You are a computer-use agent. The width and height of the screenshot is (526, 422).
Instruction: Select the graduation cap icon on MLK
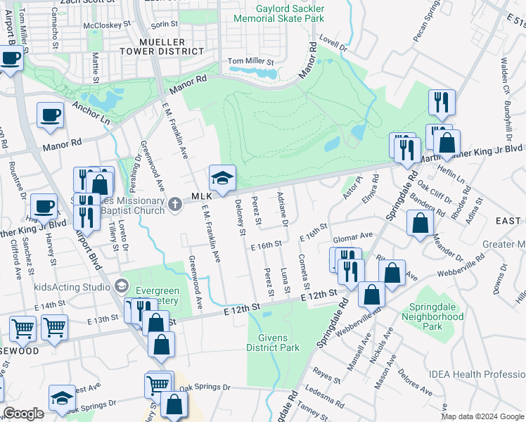222,179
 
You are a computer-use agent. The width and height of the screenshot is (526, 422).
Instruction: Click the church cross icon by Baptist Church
176,205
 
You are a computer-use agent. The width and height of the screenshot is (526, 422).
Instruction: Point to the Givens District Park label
274,342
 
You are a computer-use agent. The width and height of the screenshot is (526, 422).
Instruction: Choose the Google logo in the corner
23,414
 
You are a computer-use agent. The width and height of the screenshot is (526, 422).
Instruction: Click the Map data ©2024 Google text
482,416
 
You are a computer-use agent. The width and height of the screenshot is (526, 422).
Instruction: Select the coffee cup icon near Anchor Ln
51,115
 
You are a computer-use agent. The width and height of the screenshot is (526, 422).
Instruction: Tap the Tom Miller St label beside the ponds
250,61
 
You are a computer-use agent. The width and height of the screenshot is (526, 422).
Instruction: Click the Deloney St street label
240,217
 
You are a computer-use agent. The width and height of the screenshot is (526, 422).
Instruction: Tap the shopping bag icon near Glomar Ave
420,224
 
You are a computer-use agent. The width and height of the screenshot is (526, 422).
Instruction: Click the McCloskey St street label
108,25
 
